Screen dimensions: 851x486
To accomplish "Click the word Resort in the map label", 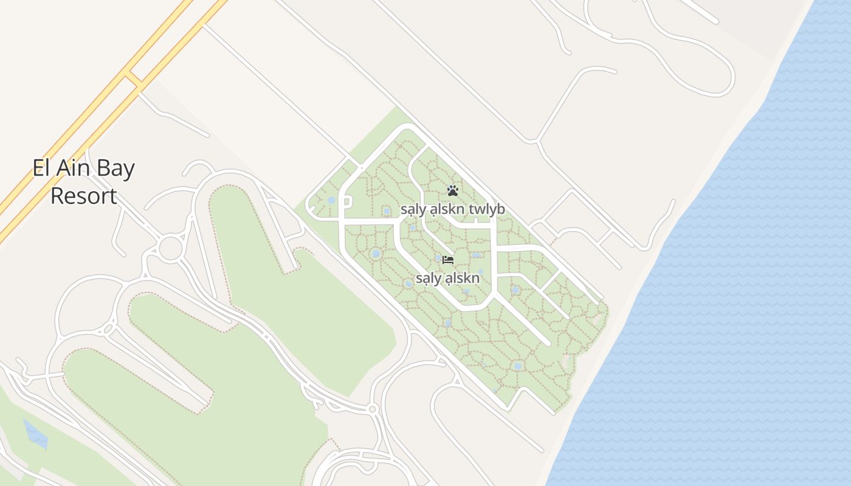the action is click(83, 196).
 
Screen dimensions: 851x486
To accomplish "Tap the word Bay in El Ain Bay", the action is click(114, 169).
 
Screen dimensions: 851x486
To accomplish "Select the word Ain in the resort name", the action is click(71, 168).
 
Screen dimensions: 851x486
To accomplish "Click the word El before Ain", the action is click(40, 168).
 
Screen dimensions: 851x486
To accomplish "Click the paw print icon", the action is click(453, 191).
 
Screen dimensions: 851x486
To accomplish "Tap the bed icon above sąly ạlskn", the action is click(449, 260).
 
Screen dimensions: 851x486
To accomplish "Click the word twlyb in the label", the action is click(487, 210).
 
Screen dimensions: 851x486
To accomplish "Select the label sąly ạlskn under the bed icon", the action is click(447, 279).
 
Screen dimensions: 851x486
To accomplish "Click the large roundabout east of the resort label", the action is click(171, 248).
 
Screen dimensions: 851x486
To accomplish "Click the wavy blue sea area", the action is click(729, 304).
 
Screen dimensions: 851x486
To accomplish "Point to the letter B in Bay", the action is click(100, 168).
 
